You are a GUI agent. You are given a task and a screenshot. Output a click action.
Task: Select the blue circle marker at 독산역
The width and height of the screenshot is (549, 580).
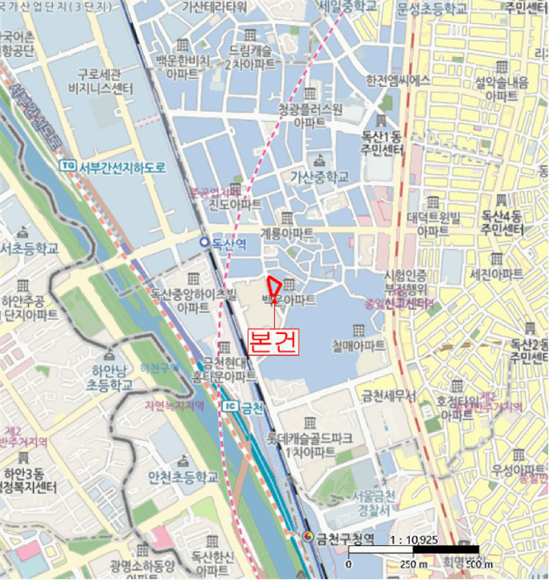point(204,242)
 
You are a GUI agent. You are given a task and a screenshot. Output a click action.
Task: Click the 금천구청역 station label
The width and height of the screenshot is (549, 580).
point(346,539)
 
